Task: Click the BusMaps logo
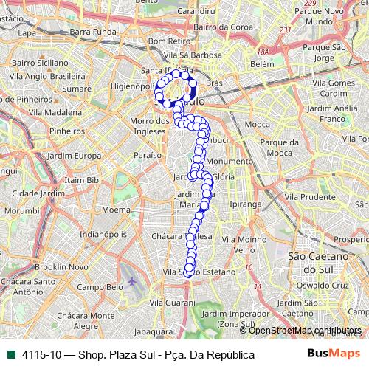[333, 354]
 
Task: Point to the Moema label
[116, 210]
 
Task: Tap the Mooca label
[257, 124]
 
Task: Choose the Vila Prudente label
[310, 196]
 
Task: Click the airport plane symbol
[131, 283]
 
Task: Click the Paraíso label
[147, 156]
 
